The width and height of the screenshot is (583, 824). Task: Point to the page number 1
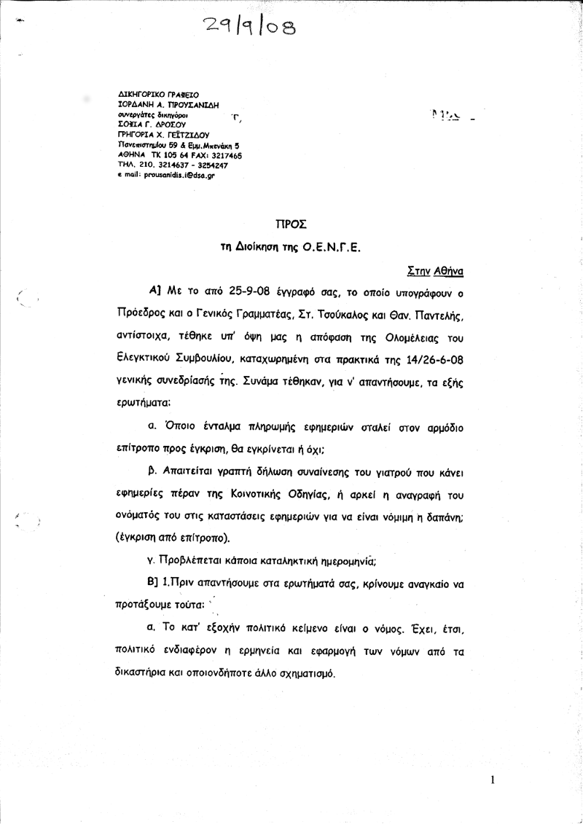point(493,780)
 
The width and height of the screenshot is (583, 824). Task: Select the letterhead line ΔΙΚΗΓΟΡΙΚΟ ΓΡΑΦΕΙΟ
point(154,95)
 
